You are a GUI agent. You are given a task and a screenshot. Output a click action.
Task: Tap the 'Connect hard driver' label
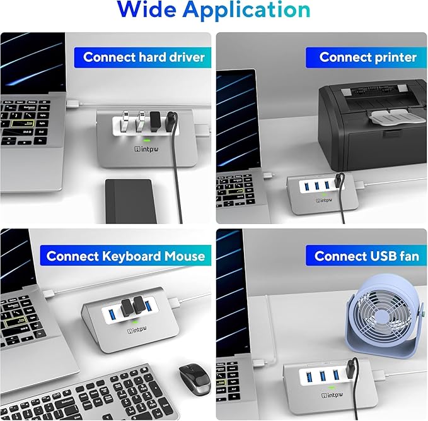[144, 57]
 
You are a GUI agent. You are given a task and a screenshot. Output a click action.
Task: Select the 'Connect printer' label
[367, 57]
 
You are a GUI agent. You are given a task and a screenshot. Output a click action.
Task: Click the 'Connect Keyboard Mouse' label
[125, 256]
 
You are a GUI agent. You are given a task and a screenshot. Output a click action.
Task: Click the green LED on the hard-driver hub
[146, 140]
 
